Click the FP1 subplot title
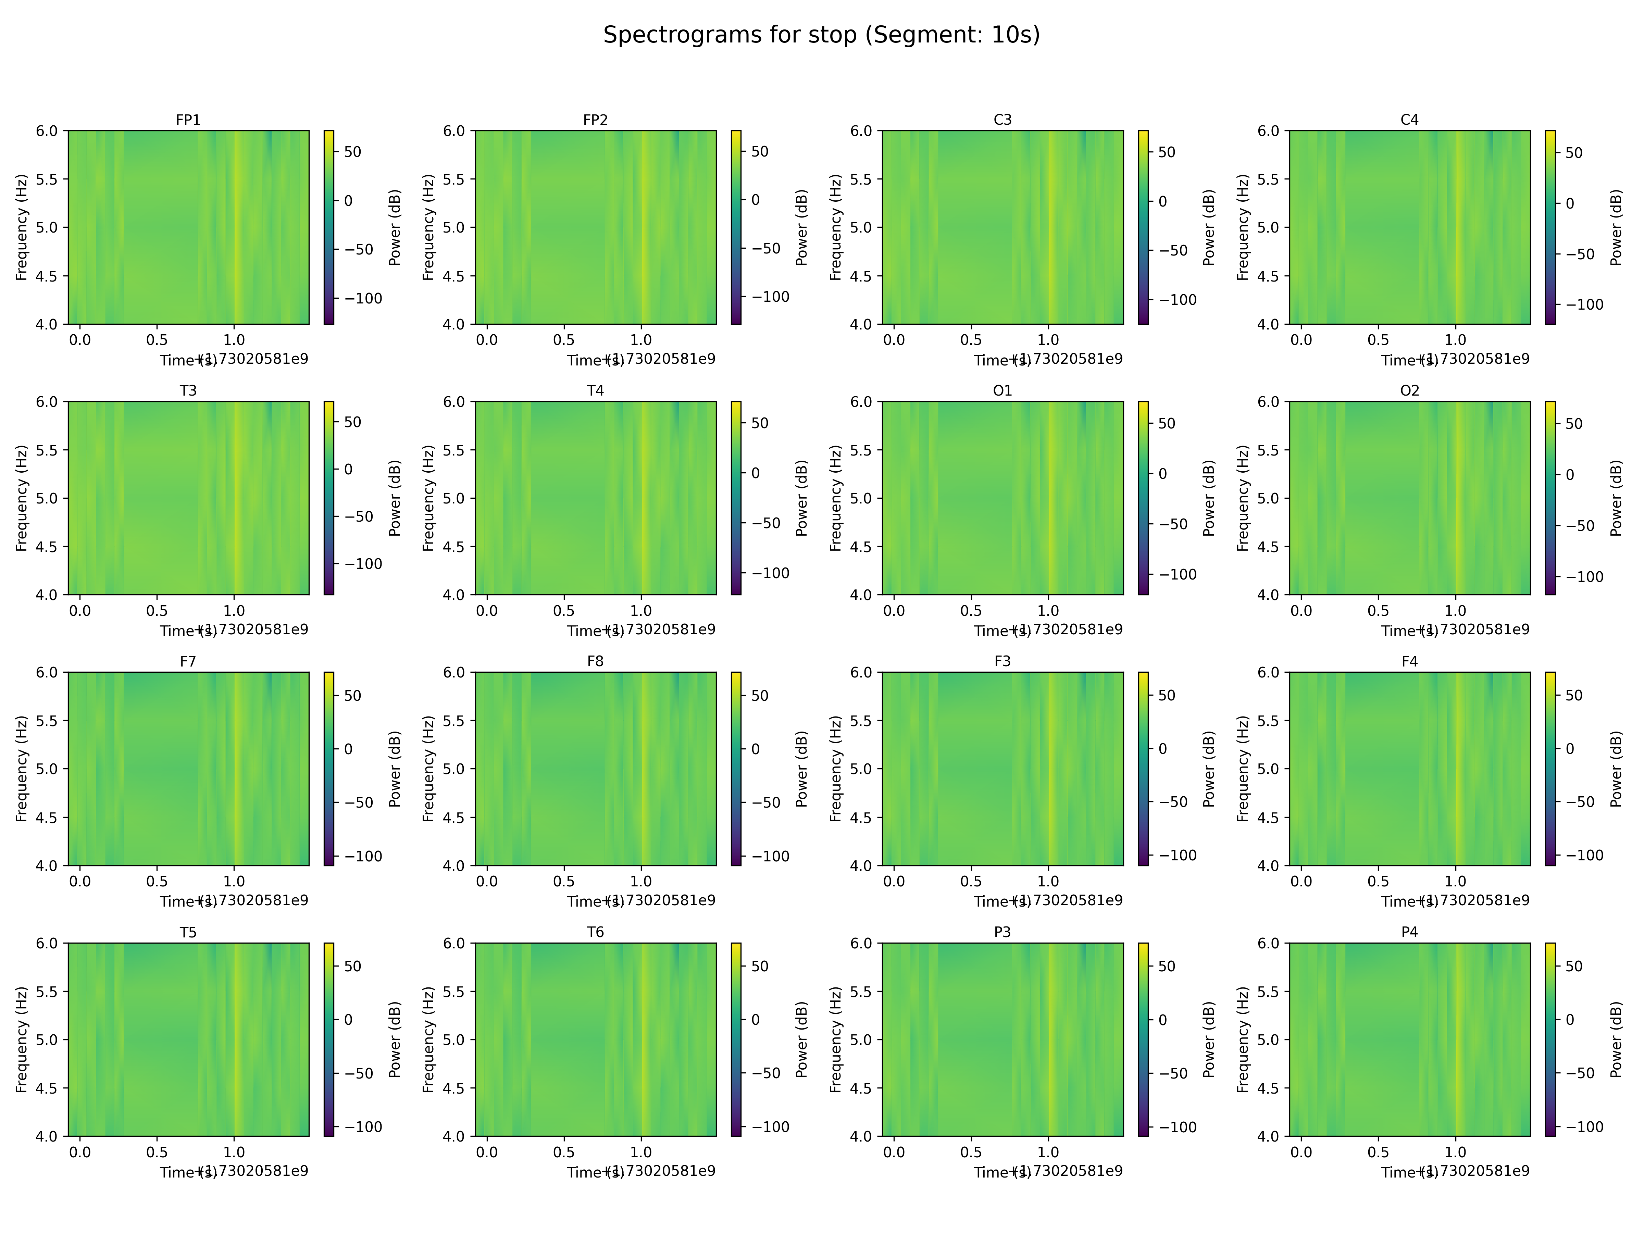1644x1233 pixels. pos(188,120)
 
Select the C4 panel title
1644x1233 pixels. pos(1409,120)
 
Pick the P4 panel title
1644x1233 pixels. pos(1409,932)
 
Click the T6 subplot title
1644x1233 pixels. pos(595,932)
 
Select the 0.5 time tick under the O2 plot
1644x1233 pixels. pos(1378,611)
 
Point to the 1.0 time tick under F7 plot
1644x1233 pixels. pos(234,882)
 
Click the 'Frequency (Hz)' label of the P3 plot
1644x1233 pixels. pos(835,1039)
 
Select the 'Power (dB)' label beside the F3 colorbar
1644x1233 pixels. pos(1208,769)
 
